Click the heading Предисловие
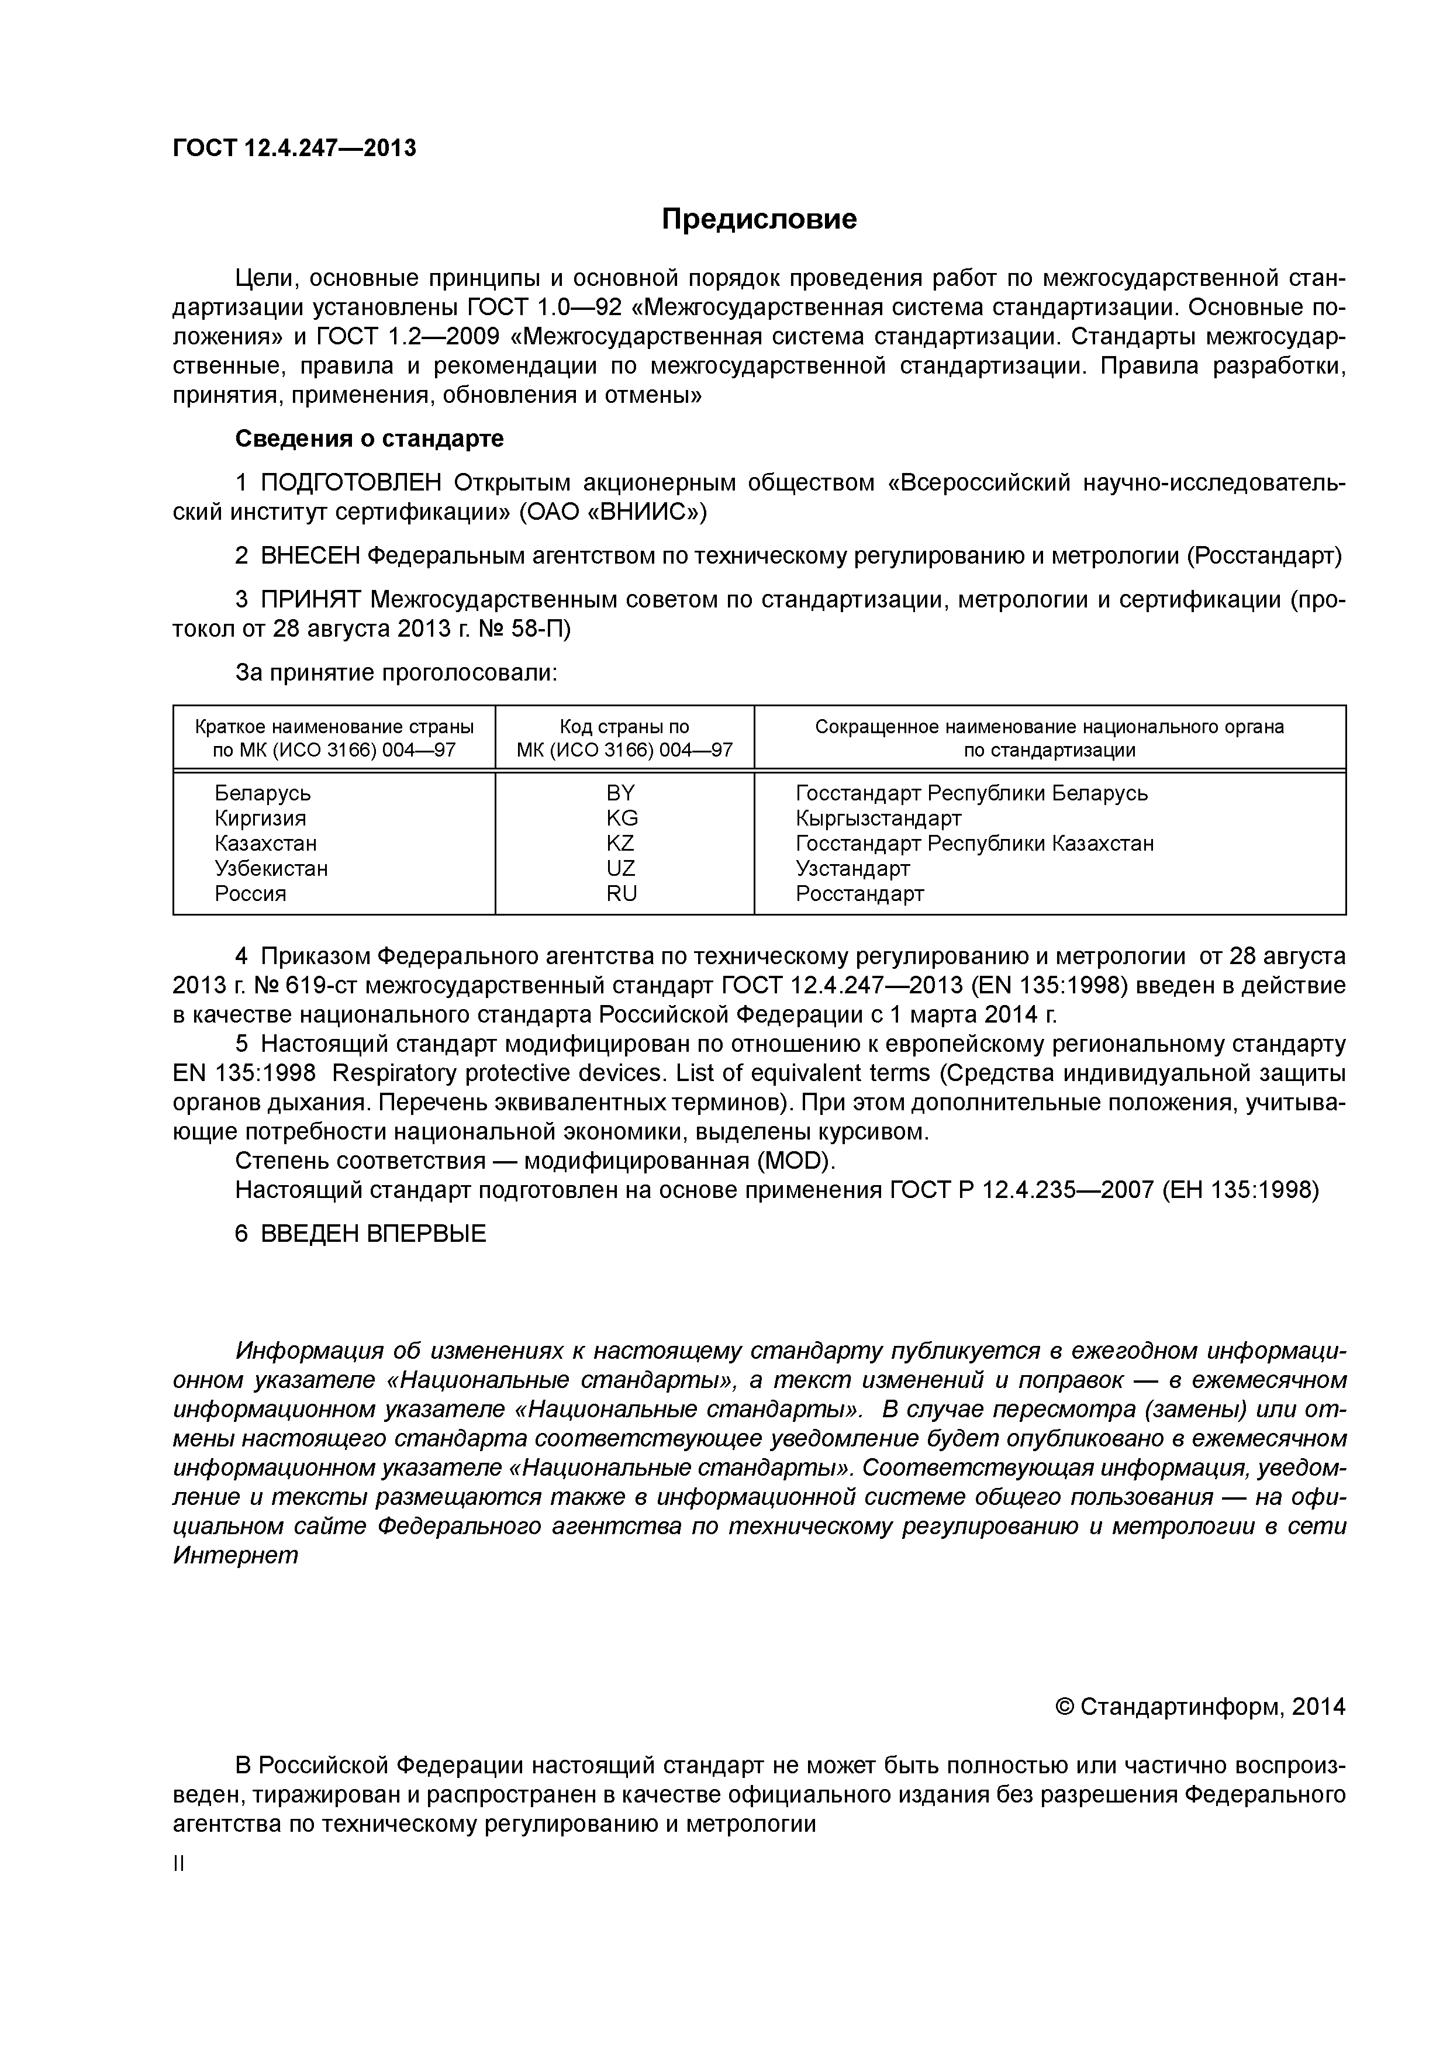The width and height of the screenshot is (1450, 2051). click(x=758, y=219)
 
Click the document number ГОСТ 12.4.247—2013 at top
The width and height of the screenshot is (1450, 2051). click(x=294, y=149)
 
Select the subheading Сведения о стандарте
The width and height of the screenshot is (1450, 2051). click(x=369, y=438)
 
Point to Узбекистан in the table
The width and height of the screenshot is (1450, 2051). click(x=271, y=868)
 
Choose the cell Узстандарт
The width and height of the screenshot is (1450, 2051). click(x=852, y=868)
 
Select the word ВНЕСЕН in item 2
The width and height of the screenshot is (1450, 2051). click(x=310, y=555)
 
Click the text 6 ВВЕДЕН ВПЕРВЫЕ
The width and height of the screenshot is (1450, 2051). click(x=361, y=1234)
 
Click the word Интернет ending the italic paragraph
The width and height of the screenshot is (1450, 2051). click(x=235, y=1555)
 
